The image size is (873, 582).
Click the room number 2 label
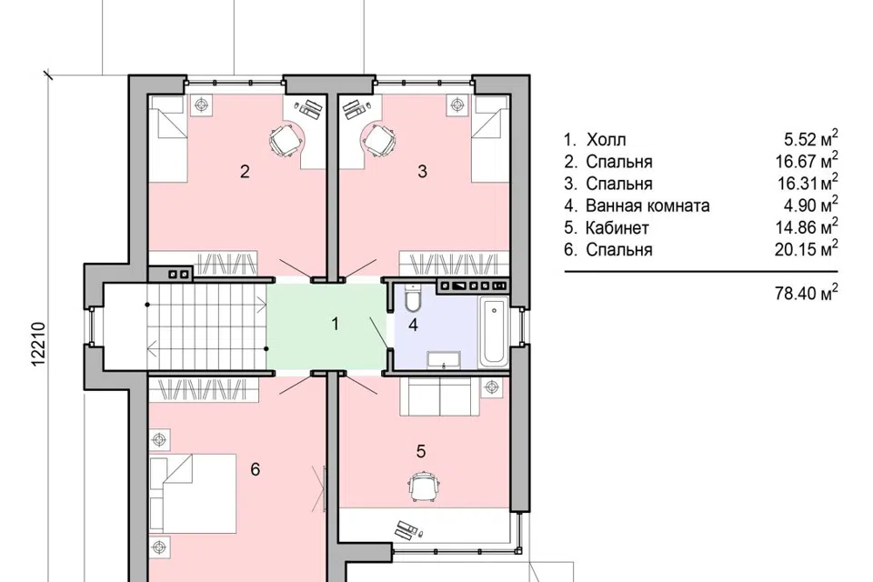point(245,172)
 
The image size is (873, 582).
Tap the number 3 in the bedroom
point(423,172)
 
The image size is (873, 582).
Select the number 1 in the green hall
point(336,324)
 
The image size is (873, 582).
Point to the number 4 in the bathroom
point(413,325)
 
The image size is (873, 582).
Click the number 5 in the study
point(421,451)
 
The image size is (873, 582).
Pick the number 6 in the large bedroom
point(255,469)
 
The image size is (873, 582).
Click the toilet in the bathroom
point(413,298)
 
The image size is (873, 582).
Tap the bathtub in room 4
point(494,333)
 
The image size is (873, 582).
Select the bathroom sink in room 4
point(444,360)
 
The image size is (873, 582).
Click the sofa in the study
point(440,396)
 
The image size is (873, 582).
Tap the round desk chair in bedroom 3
point(379,140)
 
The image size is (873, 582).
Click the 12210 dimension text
point(38,344)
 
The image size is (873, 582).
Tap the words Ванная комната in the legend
point(647,206)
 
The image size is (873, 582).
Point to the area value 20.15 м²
point(807,248)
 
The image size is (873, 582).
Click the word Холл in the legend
point(606,139)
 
